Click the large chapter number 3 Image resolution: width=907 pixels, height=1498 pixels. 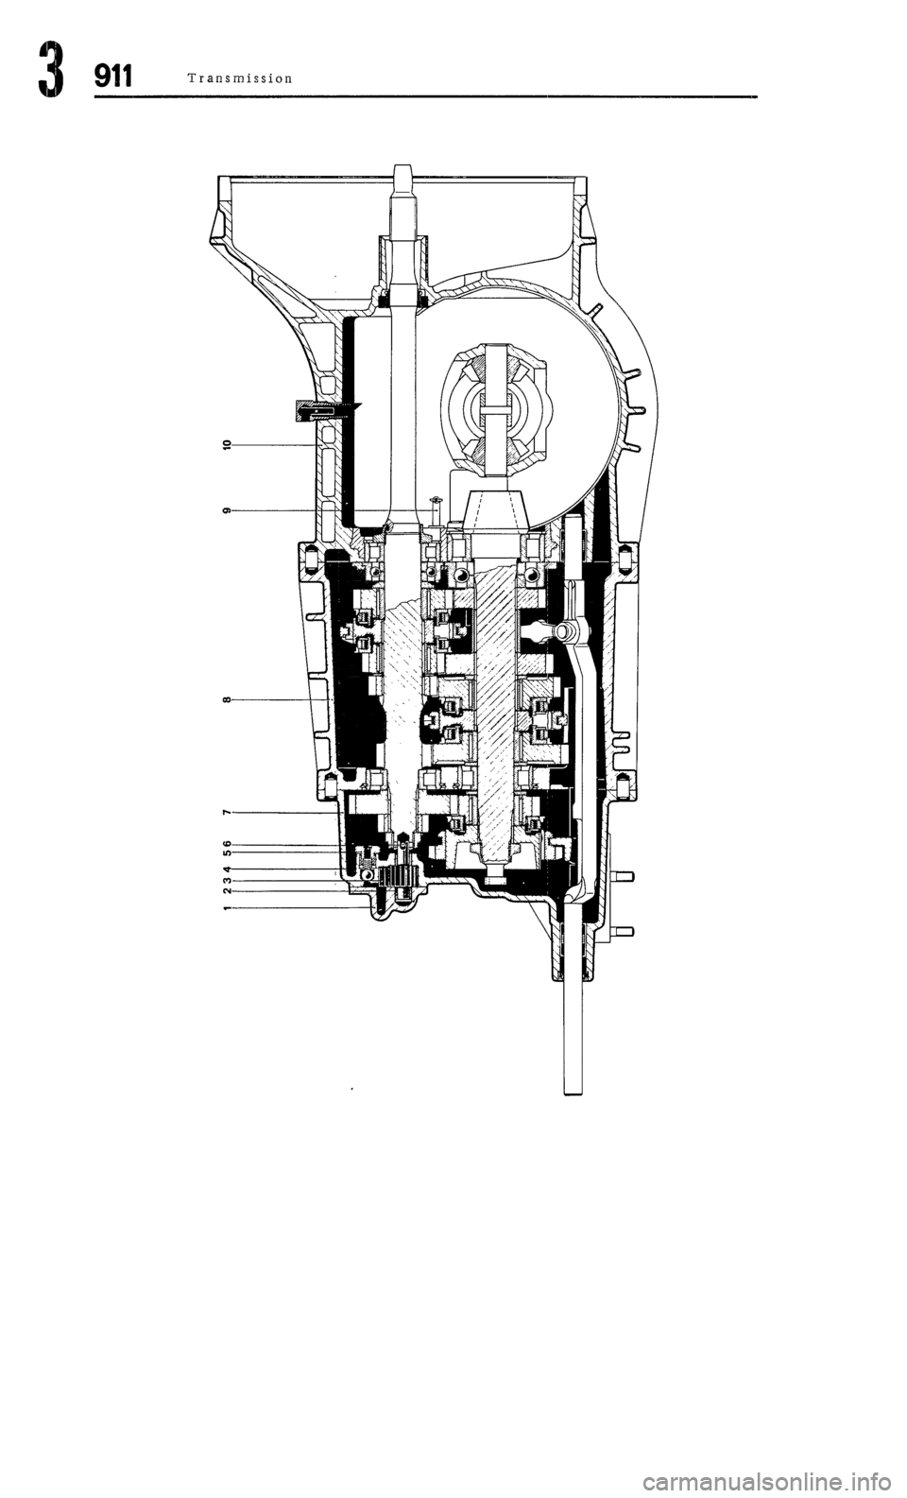[50, 70]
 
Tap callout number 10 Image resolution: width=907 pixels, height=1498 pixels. [227, 444]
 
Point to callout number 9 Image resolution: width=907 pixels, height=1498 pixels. [227, 510]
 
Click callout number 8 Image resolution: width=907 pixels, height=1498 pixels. [227, 699]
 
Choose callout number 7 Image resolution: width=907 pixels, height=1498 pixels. [227, 813]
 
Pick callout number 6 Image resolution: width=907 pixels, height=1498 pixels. [227, 843]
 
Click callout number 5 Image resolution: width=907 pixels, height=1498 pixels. [227, 853]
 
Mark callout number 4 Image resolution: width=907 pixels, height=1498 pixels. [227, 869]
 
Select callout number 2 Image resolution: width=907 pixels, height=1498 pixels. [227, 891]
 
